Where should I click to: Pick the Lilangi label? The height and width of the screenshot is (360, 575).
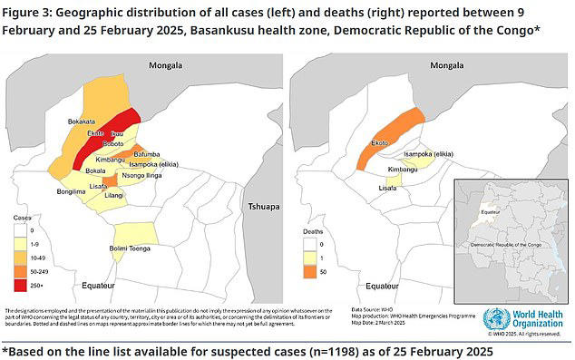(113, 195)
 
